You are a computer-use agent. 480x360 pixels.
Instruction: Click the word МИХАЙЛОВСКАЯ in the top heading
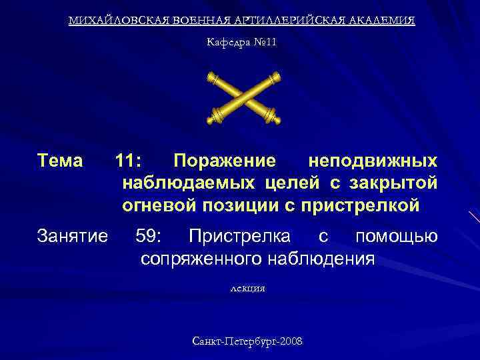coord(111,21)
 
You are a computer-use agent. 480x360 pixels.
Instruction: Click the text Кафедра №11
coord(241,43)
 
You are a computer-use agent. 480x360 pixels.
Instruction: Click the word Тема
coord(61,161)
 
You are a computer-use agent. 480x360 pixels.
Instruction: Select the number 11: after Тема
coord(128,161)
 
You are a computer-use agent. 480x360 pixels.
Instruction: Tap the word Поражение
coord(224,161)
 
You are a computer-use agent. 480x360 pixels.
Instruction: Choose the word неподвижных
coord(373,161)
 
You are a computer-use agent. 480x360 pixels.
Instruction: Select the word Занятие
coord(73,236)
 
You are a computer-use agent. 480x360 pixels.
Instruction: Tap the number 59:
coord(152,236)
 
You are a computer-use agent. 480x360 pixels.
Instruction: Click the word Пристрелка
coord(240,236)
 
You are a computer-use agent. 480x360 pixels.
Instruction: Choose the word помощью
coord(397,236)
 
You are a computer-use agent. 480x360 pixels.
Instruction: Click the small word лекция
coord(247,289)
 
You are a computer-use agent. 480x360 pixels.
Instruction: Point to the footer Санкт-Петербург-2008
coord(247,341)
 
